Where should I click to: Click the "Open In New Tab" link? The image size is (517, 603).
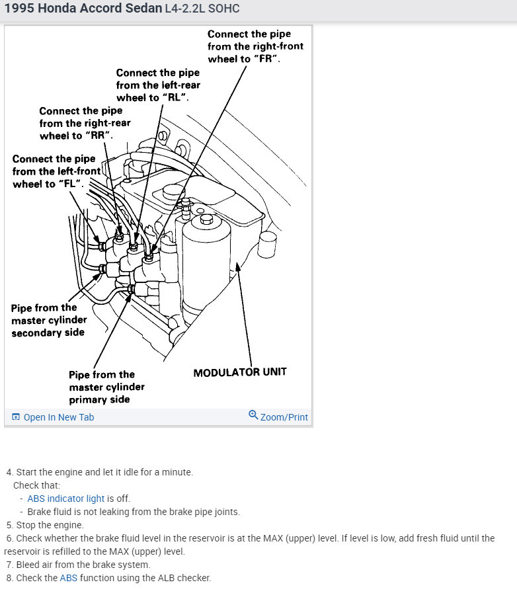[x=58, y=417]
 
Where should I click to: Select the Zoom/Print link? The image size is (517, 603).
[x=284, y=417]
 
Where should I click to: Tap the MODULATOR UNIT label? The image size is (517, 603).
[x=240, y=372]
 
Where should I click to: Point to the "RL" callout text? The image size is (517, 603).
[x=158, y=85]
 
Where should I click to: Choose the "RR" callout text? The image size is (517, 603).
[x=85, y=123]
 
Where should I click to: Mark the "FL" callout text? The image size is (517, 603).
[x=57, y=171]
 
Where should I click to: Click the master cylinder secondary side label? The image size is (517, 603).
[x=49, y=320]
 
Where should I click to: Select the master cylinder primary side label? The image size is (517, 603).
[x=106, y=387]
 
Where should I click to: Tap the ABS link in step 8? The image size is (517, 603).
[x=69, y=578]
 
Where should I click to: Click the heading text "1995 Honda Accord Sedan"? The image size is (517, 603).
[x=83, y=9]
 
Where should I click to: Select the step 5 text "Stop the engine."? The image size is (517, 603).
[x=50, y=525]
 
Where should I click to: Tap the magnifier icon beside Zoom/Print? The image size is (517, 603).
[x=253, y=415]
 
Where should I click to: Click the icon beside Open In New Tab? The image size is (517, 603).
[x=16, y=417]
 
